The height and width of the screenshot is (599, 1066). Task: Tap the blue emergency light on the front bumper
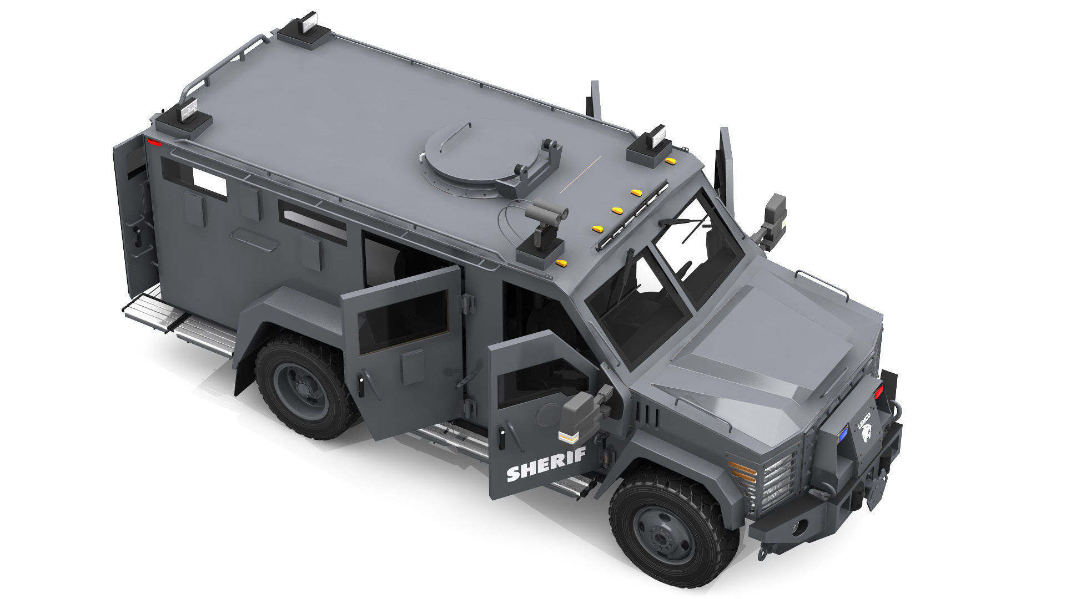tap(842, 434)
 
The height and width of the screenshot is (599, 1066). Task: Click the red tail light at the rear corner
tap(154, 143)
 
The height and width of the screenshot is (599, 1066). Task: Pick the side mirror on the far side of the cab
tap(775, 214)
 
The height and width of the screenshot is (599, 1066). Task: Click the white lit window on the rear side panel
tap(209, 181)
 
